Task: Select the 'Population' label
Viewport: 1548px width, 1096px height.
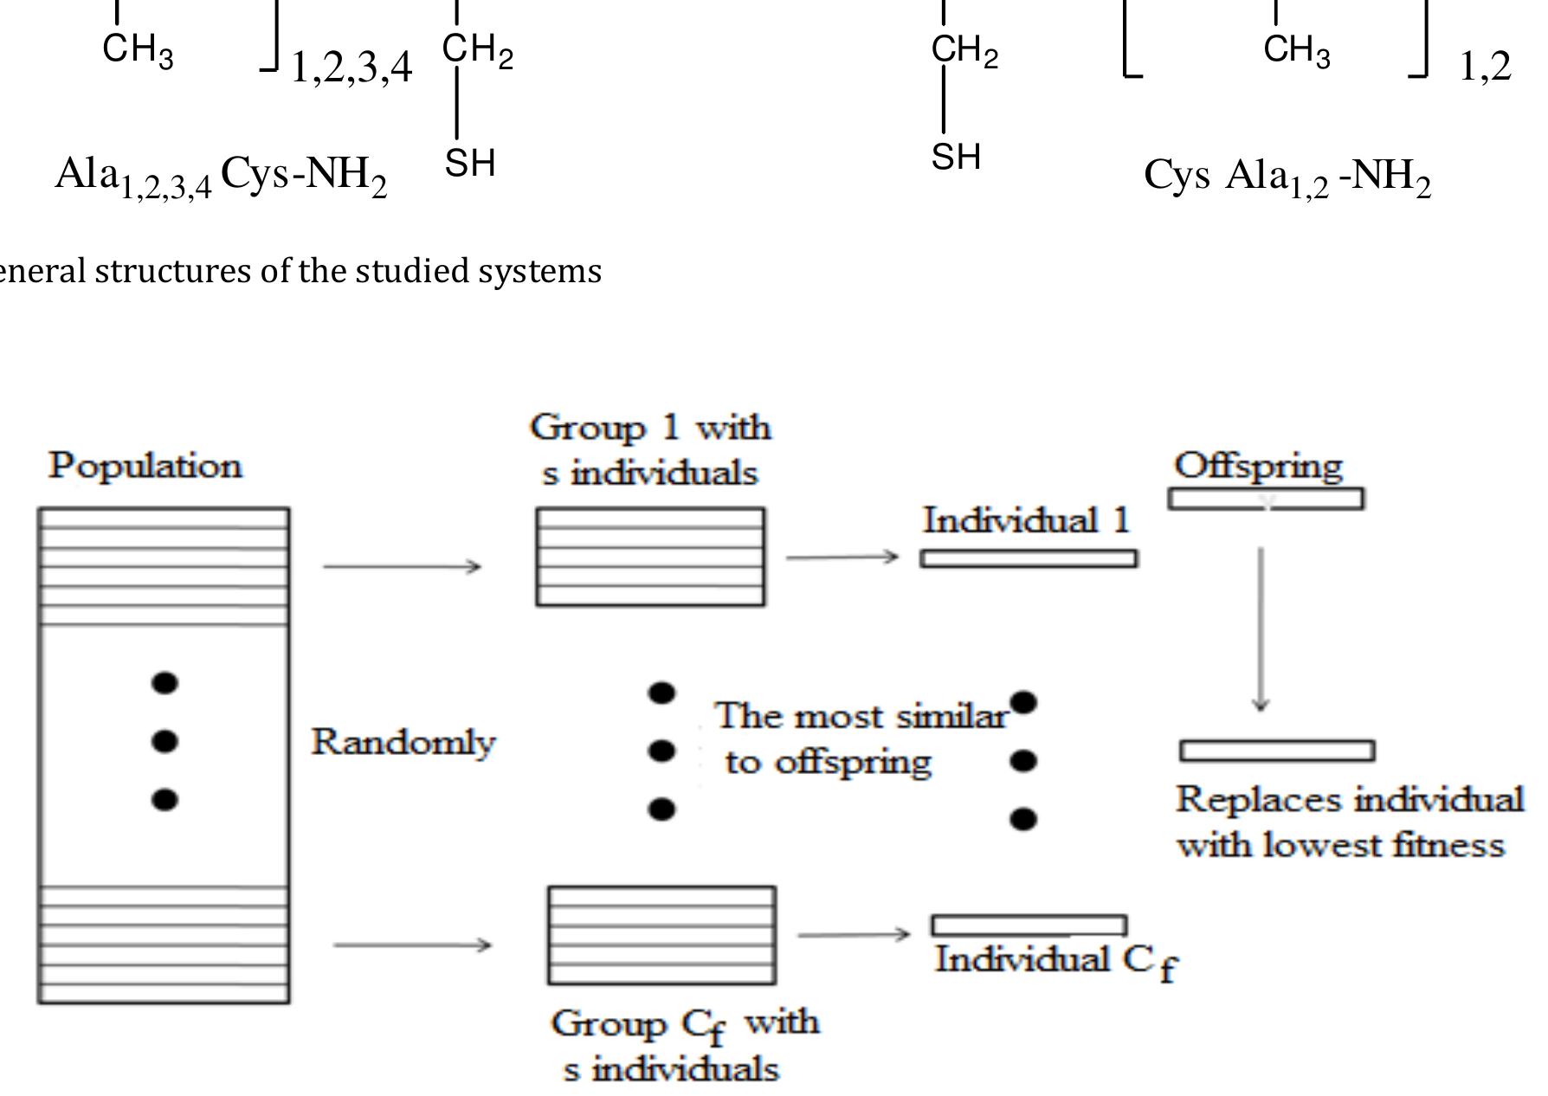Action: pos(145,466)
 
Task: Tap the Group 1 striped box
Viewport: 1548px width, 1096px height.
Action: pos(650,557)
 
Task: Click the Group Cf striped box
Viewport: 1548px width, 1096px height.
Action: pos(661,935)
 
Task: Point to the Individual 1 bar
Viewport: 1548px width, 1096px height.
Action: pos(1029,558)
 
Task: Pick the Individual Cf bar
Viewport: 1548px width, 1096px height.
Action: pos(1029,925)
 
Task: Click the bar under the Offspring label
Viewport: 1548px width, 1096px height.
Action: pos(1266,499)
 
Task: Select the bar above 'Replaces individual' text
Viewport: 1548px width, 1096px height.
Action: pos(1277,751)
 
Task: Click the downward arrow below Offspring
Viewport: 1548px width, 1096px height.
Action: pos(1261,629)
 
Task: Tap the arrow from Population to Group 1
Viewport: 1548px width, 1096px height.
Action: pos(402,567)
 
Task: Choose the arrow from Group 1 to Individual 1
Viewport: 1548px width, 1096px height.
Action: pos(842,557)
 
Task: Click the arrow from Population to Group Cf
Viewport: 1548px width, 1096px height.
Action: pos(412,944)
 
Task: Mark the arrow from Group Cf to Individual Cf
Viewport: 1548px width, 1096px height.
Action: pos(854,934)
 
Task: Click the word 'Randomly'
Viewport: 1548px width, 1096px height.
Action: pos(403,742)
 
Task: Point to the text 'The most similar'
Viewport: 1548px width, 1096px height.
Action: pos(861,717)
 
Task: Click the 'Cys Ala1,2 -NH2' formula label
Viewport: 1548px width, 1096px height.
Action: pos(1287,177)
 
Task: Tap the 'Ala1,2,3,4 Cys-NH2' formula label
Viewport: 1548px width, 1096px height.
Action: pos(221,176)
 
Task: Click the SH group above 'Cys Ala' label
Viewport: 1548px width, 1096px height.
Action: pos(956,157)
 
